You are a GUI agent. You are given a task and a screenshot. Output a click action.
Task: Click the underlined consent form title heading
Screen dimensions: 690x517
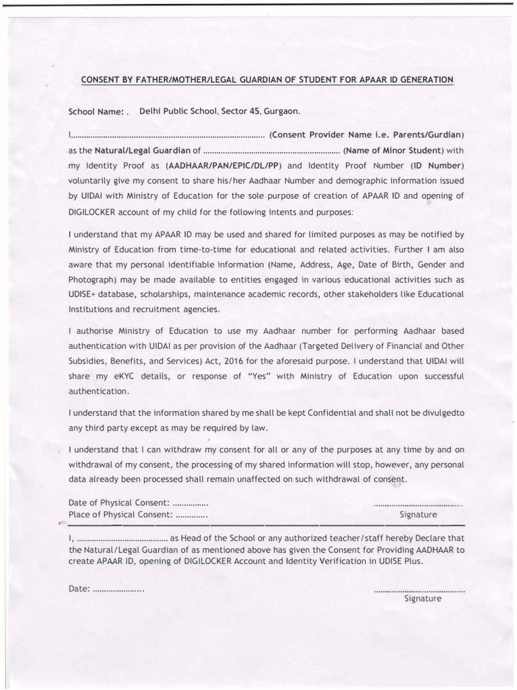pyautogui.click(x=267, y=80)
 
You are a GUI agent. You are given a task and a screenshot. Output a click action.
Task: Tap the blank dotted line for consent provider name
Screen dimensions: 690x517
pyautogui.click(x=168, y=135)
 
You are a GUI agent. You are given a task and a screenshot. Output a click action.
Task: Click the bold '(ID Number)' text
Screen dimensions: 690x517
pyautogui.click(x=437, y=166)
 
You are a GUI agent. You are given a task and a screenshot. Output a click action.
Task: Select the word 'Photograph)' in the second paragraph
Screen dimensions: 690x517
pyautogui.click(x=91, y=279)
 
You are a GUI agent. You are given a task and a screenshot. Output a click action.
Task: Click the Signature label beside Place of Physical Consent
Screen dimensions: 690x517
pyautogui.click(x=418, y=515)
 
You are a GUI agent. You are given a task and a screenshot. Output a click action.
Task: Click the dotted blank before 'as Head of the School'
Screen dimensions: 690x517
pyautogui.click(x=121, y=539)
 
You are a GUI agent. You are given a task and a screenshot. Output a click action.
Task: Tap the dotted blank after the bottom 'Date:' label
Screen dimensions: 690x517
pyautogui.click(x=118, y=589)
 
